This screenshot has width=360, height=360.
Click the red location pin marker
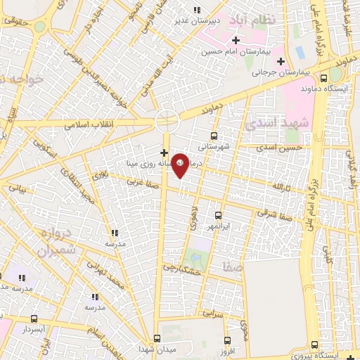pos(181,164)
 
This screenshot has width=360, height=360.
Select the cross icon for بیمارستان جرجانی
pos(281,60)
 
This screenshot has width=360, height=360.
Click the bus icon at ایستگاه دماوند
pos(324,78)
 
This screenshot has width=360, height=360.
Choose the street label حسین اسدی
pos(279,148)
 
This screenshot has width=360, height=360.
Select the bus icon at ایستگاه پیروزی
pos(314,344)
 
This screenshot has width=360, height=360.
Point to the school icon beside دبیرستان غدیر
pos(197,10)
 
